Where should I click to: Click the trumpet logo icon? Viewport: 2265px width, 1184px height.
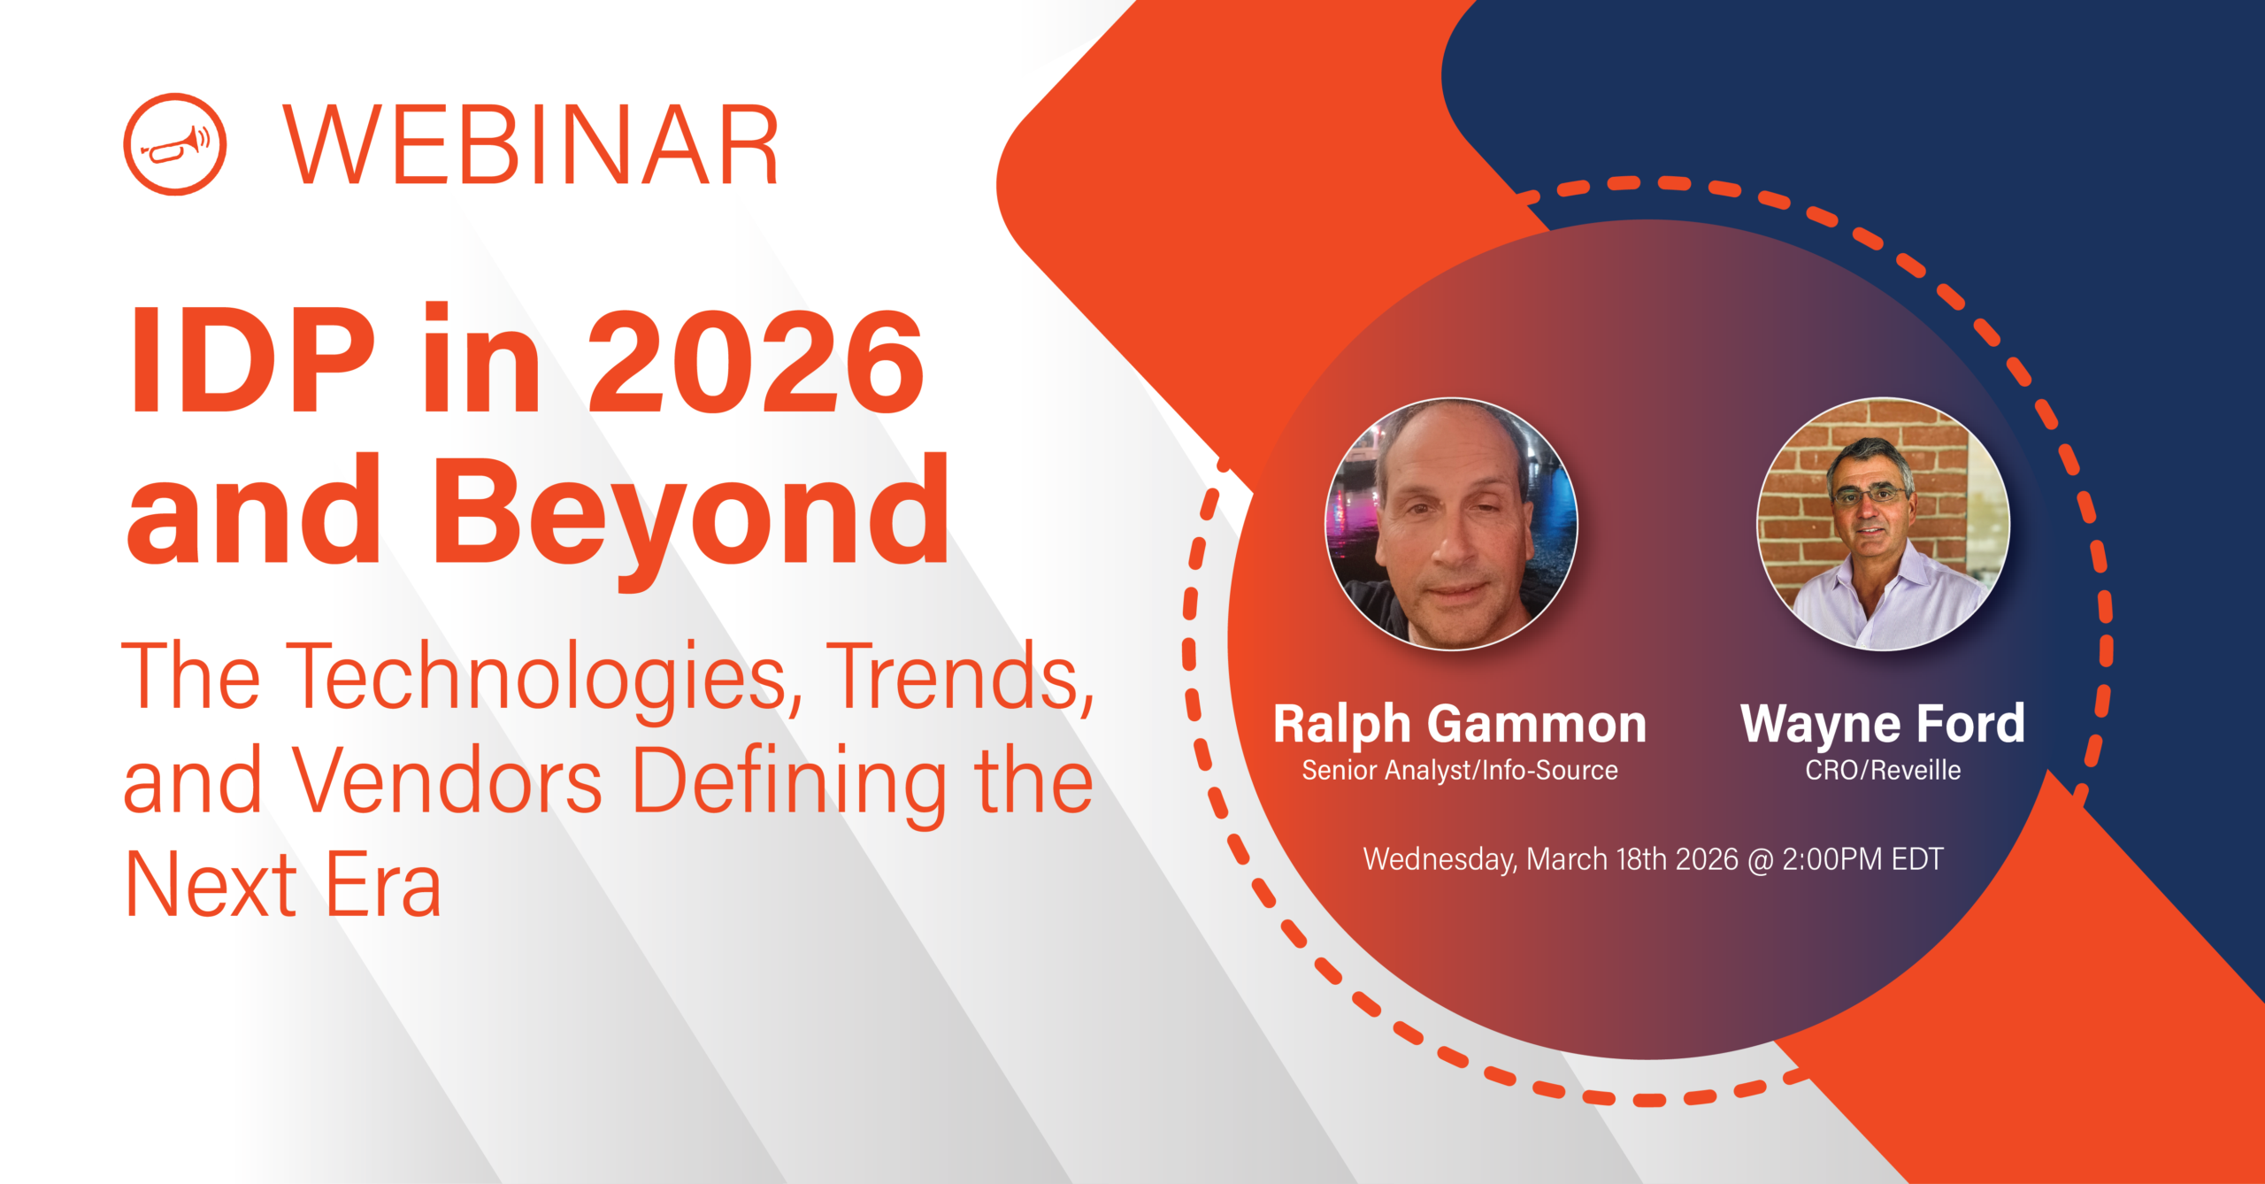174,144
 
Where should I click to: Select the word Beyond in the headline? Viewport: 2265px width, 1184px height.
690,513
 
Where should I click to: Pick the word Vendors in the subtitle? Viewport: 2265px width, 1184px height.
447,781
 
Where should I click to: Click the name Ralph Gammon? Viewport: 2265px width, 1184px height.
1459,724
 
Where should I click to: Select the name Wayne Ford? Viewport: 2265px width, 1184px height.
1882,724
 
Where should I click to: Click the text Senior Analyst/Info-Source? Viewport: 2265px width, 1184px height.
1459,771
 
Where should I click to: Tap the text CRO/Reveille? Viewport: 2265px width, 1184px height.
1883,771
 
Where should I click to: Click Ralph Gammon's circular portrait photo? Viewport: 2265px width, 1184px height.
1451,524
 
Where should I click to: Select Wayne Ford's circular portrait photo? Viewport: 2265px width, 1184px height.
1883,524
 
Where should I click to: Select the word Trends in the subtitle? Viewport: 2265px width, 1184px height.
960,677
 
